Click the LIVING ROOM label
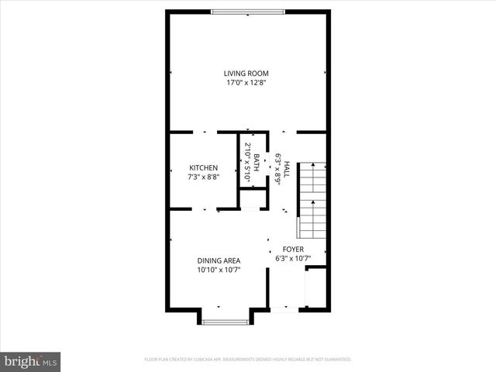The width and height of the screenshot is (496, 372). click(246, 74)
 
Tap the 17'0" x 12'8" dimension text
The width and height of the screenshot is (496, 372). click(246, 83)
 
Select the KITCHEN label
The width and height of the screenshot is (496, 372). click(204, 167)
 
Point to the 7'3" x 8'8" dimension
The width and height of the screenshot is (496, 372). click(204, 177)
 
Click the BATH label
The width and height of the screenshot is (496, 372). click(257, 163)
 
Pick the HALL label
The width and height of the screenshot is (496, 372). click(286, 168)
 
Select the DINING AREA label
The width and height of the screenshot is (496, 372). click(219, 260)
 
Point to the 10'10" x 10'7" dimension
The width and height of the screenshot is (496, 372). click(219, 270)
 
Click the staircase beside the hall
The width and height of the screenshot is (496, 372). click(313, 199)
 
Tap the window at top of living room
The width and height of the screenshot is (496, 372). click(249, 11)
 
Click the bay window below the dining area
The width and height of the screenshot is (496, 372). click(226, 321)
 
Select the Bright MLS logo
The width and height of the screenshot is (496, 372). click(31, 361)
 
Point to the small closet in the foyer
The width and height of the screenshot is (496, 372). click(316, 288)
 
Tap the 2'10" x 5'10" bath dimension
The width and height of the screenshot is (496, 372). click(247, 163)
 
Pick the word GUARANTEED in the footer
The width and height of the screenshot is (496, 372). click(336, 360)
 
